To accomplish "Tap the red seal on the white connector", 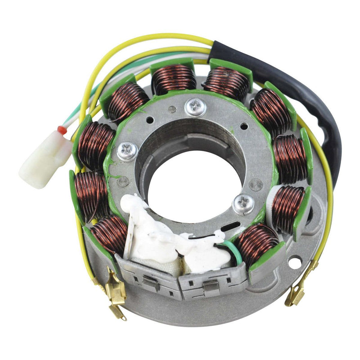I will point(62,130).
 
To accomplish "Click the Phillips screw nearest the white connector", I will point(127,151).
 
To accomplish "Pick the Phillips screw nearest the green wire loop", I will point(243,205).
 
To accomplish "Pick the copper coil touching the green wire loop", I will point(257,243).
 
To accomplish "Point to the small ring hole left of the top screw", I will point(171,109).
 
